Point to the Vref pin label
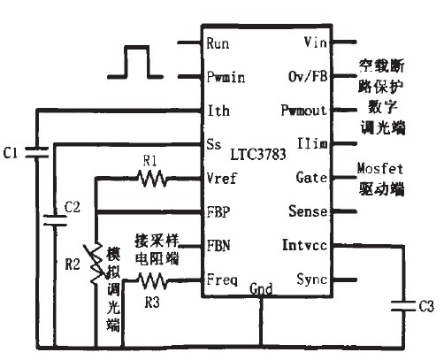coord(221,178)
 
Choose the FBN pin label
coord(218,244)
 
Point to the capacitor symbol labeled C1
coord(37,152)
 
